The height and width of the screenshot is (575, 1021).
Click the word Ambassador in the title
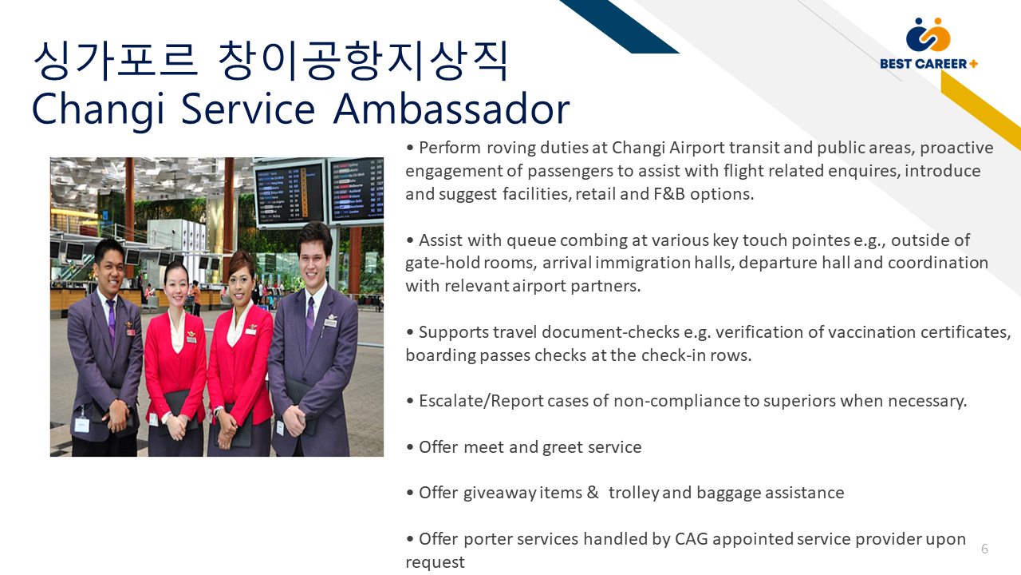click(451, 109)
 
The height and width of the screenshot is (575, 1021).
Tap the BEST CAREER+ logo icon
click(928, 34)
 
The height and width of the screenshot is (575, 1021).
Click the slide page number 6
click(984, 549)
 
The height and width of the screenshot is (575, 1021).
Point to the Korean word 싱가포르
click(116, 61)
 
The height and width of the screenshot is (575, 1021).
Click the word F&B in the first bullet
click(669, 194)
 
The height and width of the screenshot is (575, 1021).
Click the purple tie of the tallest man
click(311, 319)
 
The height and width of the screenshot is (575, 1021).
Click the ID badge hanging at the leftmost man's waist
click(82, 424)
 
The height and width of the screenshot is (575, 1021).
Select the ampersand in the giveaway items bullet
click(593, 493)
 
